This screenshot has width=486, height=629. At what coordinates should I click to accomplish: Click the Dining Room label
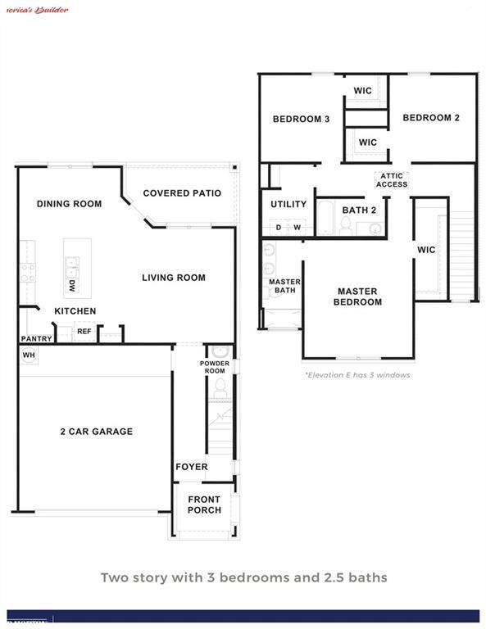tap(69, 204)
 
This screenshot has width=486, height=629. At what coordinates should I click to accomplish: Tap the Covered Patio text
tap(182, 193)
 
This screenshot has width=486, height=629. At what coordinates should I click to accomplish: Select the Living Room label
tap(173, 278)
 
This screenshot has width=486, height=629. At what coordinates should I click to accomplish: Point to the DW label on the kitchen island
tap(72, 287)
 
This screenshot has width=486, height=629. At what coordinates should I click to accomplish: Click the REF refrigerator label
tap(84, 331)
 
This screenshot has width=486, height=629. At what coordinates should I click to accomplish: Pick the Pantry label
tap(37, 339)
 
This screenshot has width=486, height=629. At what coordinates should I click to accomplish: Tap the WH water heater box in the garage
tap(29, 355)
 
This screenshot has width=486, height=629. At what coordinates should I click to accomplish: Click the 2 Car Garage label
tap(96, 432)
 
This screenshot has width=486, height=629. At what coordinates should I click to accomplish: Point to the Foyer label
tap(192, 467)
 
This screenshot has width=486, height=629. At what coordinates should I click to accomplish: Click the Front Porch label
tap(204, 505)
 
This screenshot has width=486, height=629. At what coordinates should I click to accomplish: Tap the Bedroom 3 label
tap(301, 120)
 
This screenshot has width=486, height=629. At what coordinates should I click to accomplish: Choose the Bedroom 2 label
tap(431, 118)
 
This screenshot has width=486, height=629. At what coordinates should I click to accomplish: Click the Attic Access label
tap(392, 180)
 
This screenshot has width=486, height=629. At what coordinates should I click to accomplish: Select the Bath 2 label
tap(359, 210)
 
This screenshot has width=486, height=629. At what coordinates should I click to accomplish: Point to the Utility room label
tap(288, 205)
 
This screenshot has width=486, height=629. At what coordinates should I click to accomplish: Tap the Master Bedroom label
tap(357, 296)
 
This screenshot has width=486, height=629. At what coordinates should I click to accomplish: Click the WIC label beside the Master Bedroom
tap(426, 250)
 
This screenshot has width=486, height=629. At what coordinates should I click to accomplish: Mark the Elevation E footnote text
tap(357, 375)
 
